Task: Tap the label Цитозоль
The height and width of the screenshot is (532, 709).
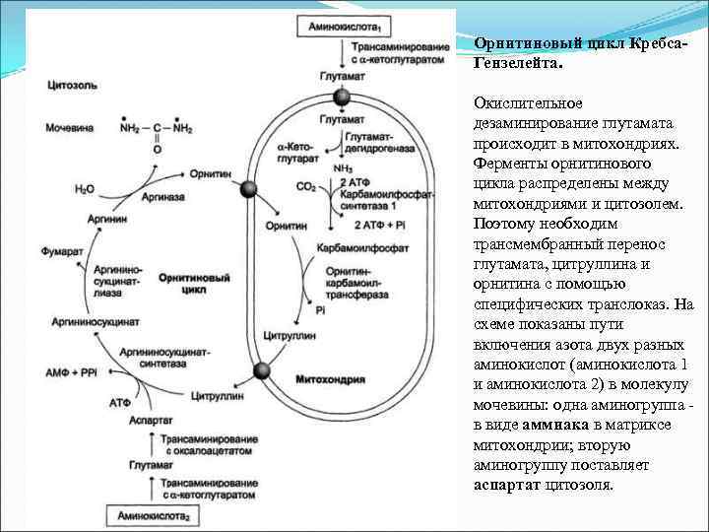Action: [70, 86]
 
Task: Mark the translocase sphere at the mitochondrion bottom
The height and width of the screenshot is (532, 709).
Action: [261, 370]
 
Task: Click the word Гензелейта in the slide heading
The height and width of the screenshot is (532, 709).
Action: [518, 63]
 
